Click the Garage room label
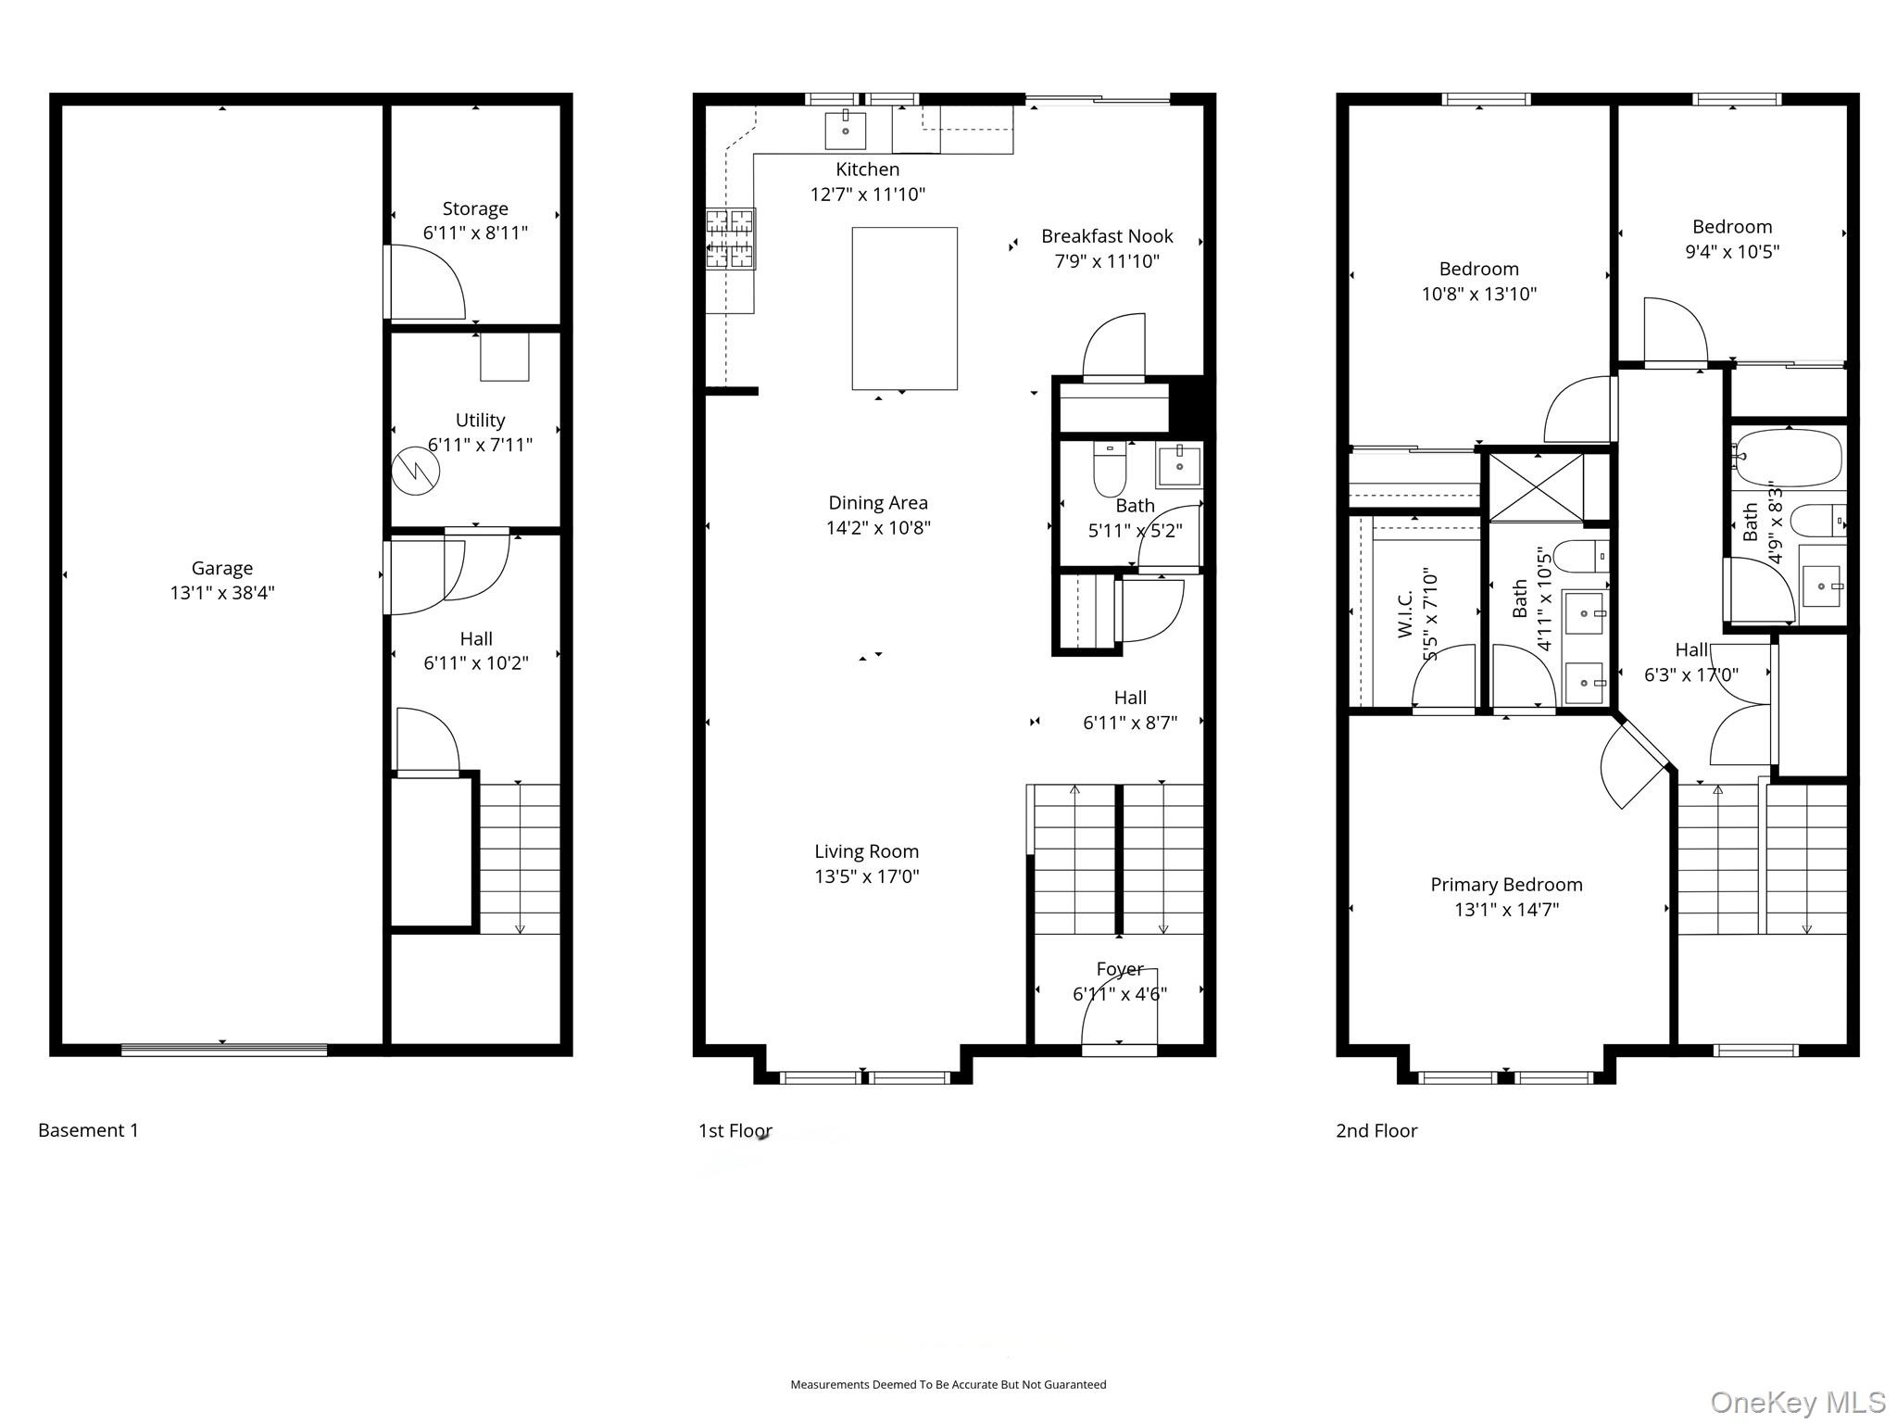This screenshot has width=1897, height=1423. click(x=221, y=568)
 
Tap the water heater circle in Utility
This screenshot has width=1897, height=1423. click(x=415, y=471)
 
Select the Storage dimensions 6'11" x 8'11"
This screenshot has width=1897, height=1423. click(x=475, y=233)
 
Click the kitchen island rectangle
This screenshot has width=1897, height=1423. click(x=904, y=308)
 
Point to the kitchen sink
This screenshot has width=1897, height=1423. click(x=845, y=131)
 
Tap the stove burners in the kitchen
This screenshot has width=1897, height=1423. click(x=730, y=238)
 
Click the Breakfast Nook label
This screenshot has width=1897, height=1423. click(x=1107, y=236)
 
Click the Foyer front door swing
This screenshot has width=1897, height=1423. click(x=1119, y=1006)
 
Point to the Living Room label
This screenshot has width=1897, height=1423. click(x=866, y=851)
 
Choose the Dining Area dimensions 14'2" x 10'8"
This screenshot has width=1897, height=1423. click(x=878, y=528)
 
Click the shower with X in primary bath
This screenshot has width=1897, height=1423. click(x=1536, y=488)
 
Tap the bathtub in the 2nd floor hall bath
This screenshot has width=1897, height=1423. click(x=1789, y=458)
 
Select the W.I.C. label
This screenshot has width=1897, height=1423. click(x=1405, y=613)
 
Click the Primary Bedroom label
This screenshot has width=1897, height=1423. click(x=1506, y=885)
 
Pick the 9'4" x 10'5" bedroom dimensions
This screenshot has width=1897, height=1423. click(x=1732, y=252)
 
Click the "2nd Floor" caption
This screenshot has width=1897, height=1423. click(x=1376, y=1131)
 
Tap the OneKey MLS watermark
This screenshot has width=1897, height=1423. click(x=1797, y=1403)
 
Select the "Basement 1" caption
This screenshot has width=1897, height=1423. click(x=88, y=1130)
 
